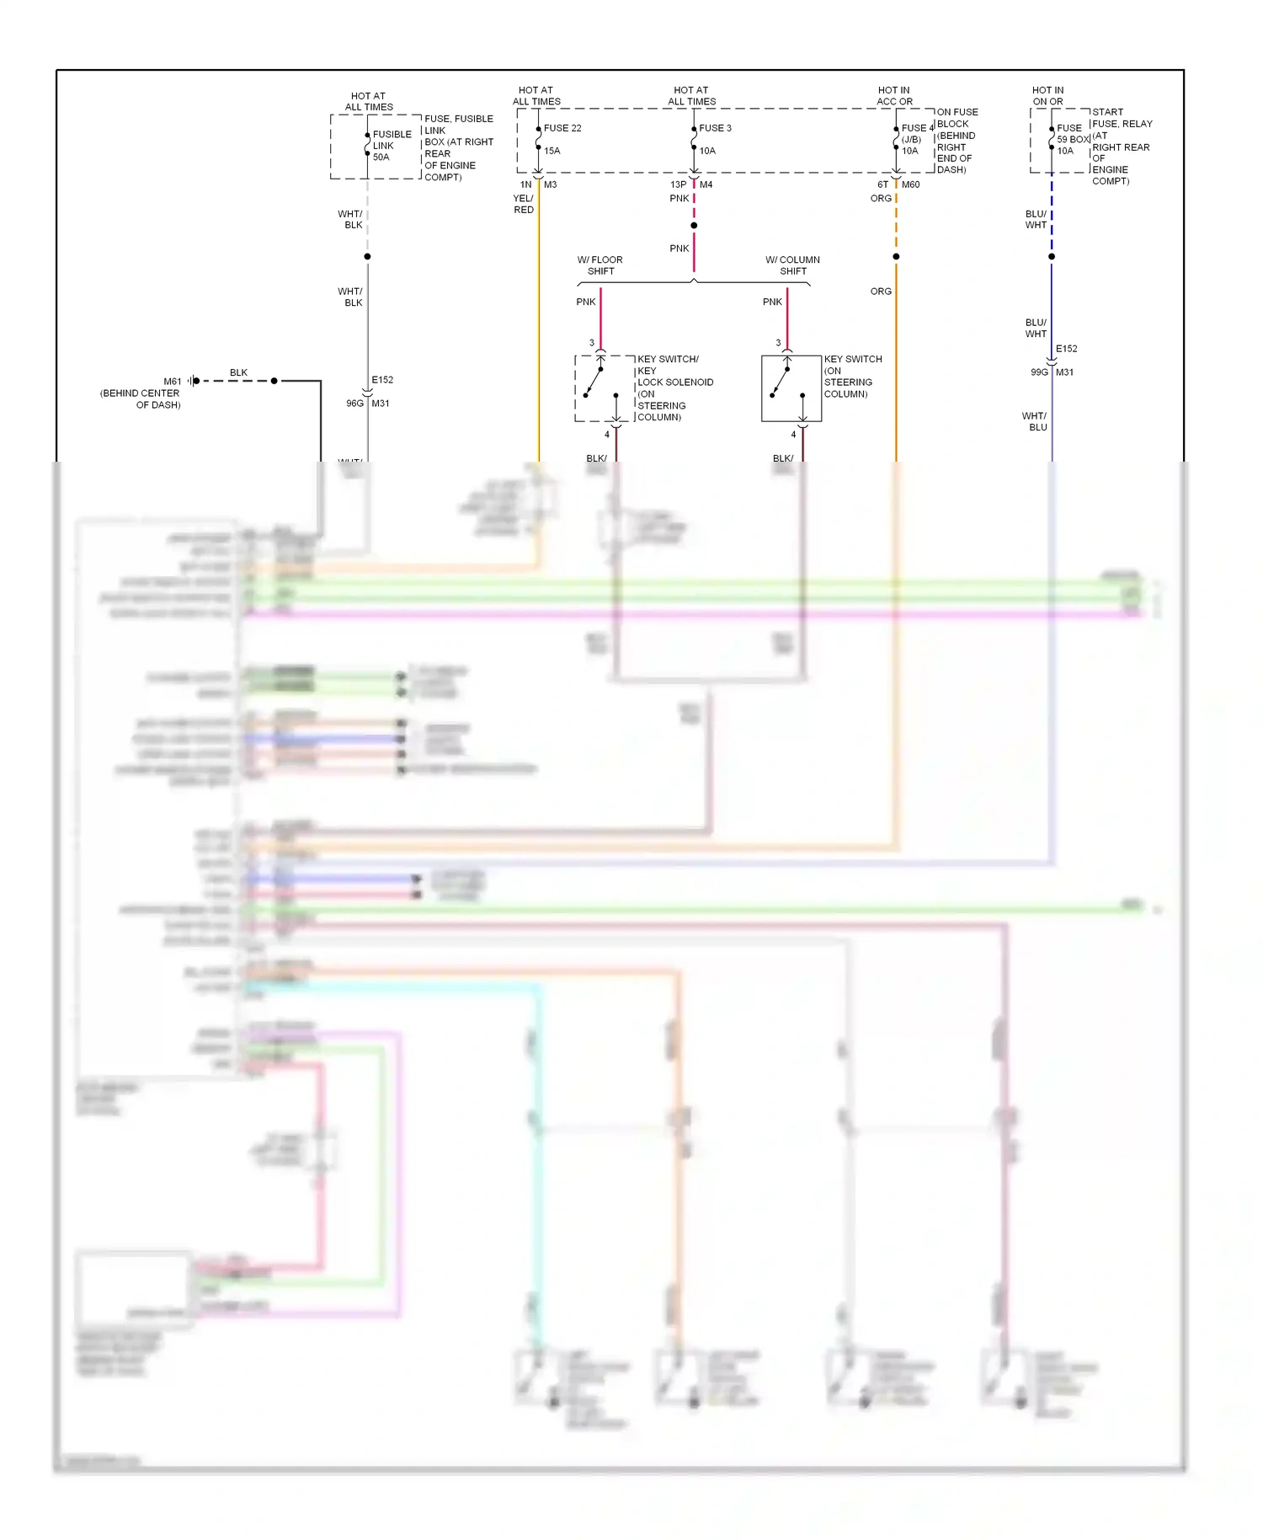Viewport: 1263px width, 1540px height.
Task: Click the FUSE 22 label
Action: click(562, 128)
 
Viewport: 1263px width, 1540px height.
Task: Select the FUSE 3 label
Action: click(715, 128)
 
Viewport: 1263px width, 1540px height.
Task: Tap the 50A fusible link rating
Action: click(381, 158)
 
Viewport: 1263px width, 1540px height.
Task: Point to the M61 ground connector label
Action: click(172, 382)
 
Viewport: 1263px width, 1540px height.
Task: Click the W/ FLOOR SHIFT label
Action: click(600, 265)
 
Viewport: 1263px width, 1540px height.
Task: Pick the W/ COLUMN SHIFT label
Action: click(792, 265)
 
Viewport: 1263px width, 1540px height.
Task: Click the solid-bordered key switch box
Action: click(791, 388)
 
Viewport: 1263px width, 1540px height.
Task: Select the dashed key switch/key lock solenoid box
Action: click(605, 388)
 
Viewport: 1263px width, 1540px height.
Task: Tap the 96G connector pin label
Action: click(354, 404)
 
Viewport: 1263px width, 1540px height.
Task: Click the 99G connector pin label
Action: click(1039, 372)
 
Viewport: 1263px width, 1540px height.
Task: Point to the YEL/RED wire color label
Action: click(523, 204)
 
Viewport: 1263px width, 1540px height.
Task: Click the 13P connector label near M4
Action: click(678, 184)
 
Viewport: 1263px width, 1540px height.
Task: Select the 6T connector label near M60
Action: click(882, 184)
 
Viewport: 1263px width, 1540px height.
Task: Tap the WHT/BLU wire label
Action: click(1035, 421)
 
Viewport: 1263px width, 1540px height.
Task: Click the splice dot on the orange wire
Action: click(896, 256)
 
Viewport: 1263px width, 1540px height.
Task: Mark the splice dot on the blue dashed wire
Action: click(1052, 256)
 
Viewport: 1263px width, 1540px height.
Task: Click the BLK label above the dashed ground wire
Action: click(238, 372)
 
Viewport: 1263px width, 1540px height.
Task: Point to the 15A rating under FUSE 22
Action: click(552, 151)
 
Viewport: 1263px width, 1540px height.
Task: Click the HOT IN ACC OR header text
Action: click(894, 96)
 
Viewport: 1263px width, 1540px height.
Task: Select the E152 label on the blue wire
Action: click(1066, 349)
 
